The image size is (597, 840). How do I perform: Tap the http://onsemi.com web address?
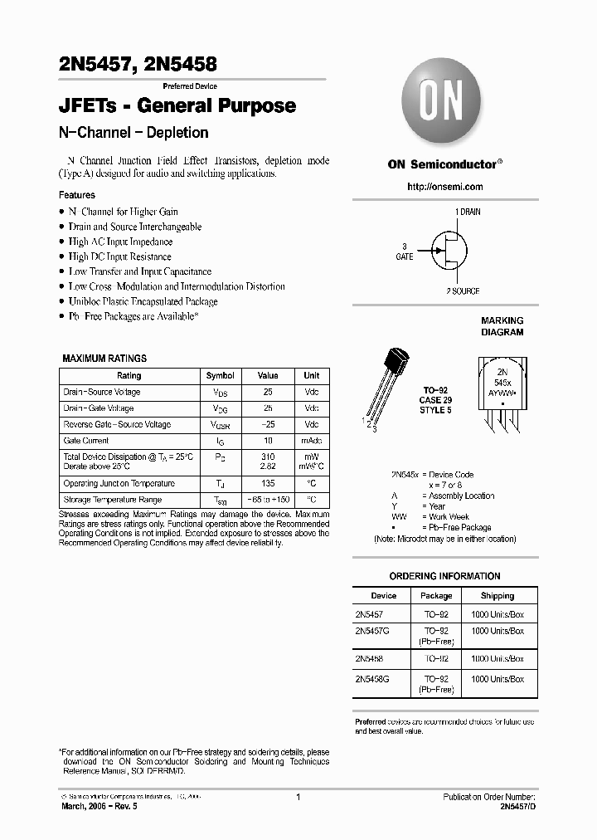(444, 188)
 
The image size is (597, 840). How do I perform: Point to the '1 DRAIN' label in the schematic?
(467, 212)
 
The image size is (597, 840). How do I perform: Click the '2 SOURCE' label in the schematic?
(463, 291)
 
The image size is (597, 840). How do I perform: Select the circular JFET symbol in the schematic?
(445, 252)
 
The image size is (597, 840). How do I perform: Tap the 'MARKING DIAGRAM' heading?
(502, 326)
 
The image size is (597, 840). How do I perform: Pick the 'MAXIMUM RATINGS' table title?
(104, 359)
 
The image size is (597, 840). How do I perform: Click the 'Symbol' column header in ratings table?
(220, 376)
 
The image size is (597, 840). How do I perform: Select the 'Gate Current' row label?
(86, 441)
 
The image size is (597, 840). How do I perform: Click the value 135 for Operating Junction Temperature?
(267, 484)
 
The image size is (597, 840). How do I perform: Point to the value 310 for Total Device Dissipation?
(267, 457)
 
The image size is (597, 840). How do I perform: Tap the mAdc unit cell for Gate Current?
(311, 441)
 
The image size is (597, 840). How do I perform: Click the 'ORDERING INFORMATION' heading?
(444, 576)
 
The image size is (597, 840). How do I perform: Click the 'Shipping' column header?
(498, 596)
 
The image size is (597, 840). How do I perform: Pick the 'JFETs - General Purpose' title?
(177, 106)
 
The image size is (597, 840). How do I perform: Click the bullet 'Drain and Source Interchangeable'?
(135, 227)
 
